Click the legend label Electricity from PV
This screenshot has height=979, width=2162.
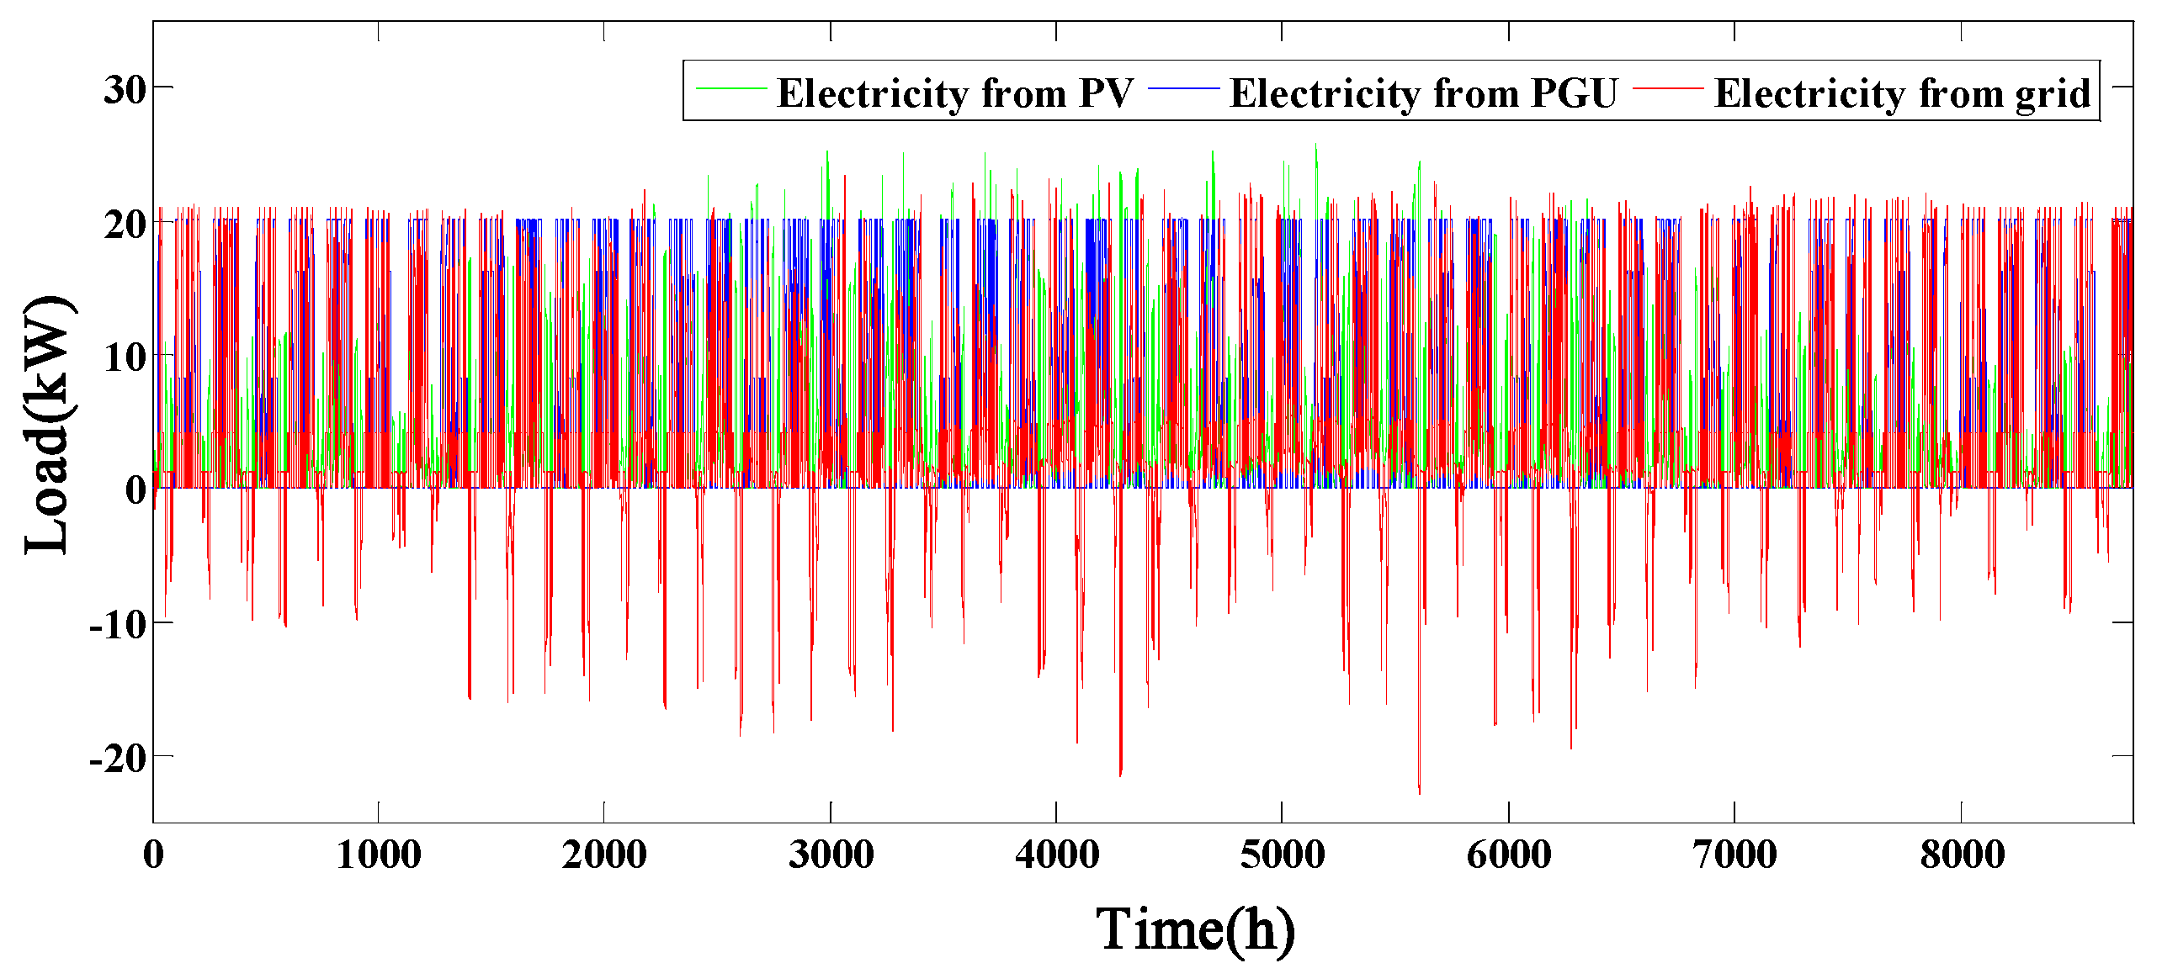tap(954, 93)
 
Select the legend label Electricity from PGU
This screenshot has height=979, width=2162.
tap(1423, 93)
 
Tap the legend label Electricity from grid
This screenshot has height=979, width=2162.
tap(1902, 93)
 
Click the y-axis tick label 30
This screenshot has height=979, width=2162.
tap(125, 89)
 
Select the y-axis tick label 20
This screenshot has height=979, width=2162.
tap(125, 224)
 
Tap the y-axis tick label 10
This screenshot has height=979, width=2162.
tap(125, 357)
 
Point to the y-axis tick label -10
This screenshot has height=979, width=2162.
tap(118, 625)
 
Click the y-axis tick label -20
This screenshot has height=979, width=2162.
tap(118, 759)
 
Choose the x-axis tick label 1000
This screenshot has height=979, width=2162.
tap(379, 855)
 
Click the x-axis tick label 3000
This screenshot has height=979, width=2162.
tap(831, 855)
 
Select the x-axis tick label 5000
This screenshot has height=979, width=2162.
tap(1283, 855)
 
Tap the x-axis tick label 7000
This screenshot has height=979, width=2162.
tap(1734, 855)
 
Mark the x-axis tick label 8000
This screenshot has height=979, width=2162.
tap(1962, 855)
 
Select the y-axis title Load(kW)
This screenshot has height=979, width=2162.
tap(48, 425)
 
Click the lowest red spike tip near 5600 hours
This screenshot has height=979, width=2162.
tap(1420, 793)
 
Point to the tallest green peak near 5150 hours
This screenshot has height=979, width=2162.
tap(1315, 146)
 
